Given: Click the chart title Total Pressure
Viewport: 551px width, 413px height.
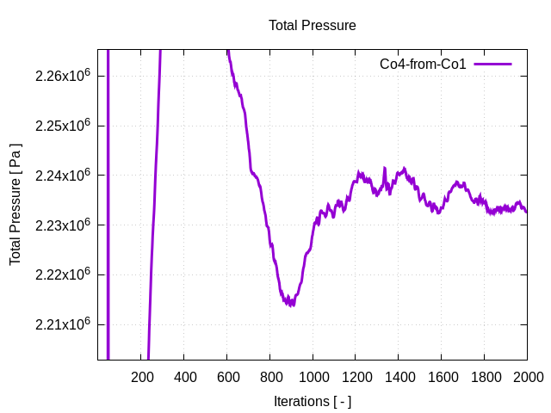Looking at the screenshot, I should point(312,26).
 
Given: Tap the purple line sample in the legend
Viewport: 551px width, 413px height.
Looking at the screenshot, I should point(492,65).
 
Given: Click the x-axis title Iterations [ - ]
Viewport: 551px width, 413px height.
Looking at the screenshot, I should point(312,401).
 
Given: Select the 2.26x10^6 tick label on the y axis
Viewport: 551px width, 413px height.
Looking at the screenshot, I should point(63,76).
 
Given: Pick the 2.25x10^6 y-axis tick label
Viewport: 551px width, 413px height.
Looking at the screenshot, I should point(63,126).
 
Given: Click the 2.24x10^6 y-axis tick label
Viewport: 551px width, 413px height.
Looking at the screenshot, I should point(63,176).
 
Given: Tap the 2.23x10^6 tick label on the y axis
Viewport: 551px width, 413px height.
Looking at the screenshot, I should point(63,225).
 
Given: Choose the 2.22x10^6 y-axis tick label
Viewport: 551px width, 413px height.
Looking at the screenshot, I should point(63,275).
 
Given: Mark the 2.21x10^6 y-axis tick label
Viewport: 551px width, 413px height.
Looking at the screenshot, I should point(63,324).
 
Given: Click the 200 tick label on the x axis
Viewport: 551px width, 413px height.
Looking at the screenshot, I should point(141,377).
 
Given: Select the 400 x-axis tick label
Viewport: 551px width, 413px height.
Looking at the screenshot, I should point(184,377).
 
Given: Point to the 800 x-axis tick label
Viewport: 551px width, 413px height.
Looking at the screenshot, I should point(269,377).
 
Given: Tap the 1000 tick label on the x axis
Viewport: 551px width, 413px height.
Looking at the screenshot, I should point(313,377).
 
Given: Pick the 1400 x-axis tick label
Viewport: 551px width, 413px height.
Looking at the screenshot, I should point(399,377).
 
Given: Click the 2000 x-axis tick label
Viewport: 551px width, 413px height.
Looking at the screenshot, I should point(527,377).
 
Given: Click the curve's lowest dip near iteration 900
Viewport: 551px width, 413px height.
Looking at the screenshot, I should point(292,304).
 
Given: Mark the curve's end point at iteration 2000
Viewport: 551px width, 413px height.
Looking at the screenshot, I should point(527,212).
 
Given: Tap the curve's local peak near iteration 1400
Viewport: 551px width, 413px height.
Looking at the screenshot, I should point(404,169).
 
